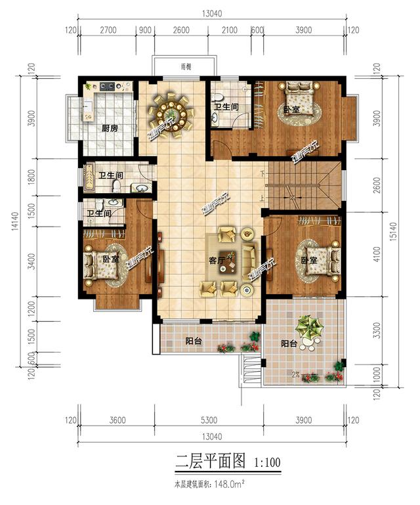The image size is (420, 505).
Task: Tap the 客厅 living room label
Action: [x=217, y=260]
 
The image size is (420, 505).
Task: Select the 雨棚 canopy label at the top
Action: [x=186, y=66]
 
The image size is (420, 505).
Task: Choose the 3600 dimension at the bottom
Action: [x=117, y=420]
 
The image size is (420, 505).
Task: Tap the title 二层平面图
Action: [x=209, y=462]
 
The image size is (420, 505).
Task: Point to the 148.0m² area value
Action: [x=230, y=485]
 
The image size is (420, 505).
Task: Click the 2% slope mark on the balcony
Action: [x=297, y=375]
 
